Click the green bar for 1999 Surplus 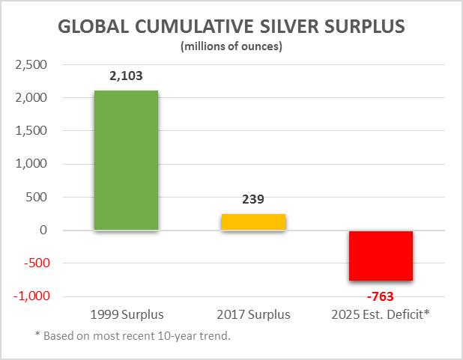(x=126, y=160)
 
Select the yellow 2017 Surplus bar (x=253, y=222)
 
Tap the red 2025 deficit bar (x=381, y=255)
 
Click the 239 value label (x=253, y=200)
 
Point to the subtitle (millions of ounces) (x=231, y=47)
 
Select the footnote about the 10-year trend (x=126, y=335)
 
